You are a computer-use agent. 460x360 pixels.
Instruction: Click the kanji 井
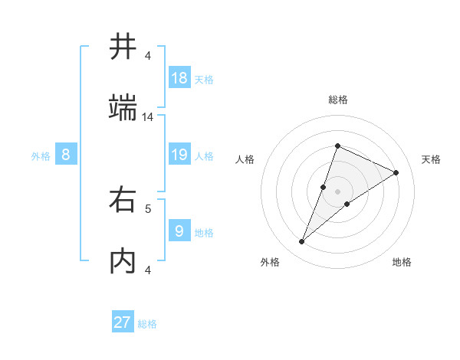123,47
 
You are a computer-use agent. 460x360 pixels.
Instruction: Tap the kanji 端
123,108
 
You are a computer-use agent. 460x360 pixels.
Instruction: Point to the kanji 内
123,261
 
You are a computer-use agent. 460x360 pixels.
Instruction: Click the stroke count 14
148,117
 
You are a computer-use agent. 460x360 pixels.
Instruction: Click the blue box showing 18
179,77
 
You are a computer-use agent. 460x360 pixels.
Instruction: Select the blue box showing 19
179,155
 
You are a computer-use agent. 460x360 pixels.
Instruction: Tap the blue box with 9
179,231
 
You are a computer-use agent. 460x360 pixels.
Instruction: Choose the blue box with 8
66,155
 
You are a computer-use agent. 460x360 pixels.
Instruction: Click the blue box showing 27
123,322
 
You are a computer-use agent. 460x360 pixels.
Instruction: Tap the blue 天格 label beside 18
204,79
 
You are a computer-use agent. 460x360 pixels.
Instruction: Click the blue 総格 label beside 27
147,324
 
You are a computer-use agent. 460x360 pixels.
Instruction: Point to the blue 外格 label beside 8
41,156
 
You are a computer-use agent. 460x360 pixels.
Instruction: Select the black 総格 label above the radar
337,100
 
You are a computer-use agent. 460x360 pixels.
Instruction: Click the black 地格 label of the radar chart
402,262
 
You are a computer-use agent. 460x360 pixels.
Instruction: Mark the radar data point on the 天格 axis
396,172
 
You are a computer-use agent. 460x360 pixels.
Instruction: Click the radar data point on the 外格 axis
301,242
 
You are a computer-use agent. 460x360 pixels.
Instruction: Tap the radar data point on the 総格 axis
337,146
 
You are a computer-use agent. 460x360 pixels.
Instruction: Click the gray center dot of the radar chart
337,191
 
